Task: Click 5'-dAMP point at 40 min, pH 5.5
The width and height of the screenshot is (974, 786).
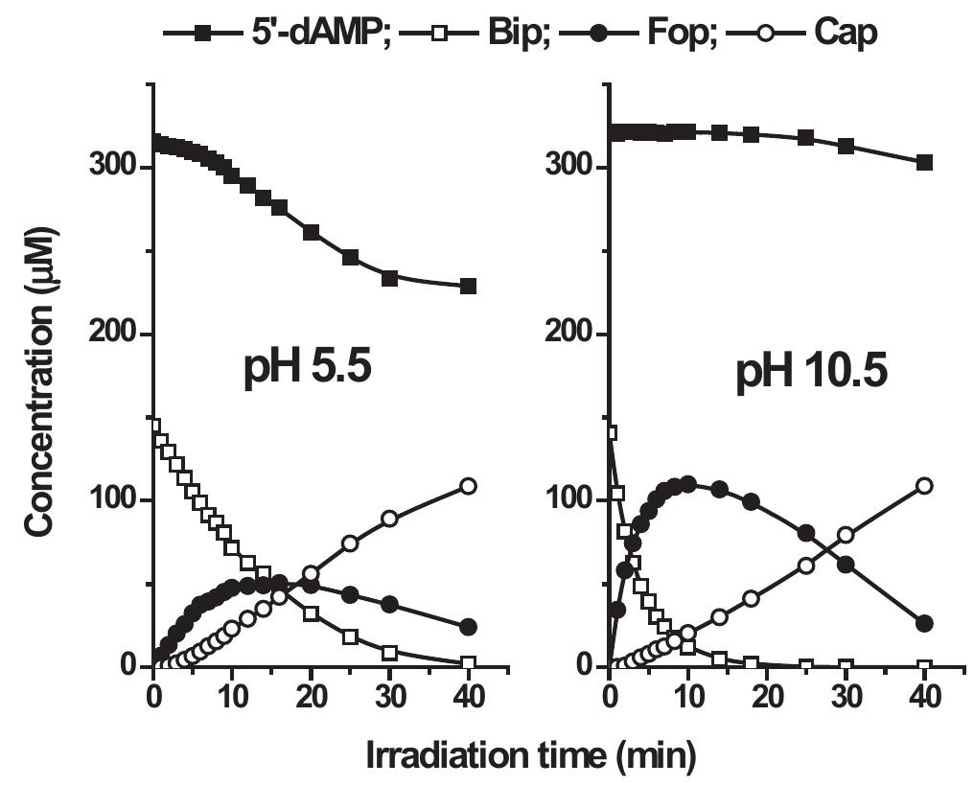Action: pyautogui.click(x=468, y=287)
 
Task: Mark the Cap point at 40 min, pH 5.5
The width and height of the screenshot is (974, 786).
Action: pyautogui.click(x=468, y=486)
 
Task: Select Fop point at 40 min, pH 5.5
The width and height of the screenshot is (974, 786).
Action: pyautogui.click(x=468, y=627)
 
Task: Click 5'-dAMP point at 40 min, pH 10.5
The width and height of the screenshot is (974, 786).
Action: pyautogui.click(x=924, y=163)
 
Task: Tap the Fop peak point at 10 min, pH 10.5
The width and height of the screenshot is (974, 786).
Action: pyautogui.click(x=687, y=484)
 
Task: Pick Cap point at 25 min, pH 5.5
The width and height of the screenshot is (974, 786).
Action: pyautogui.click(x=350, y=543)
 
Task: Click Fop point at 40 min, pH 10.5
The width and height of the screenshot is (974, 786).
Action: pyautogui.click(x=924, y=624)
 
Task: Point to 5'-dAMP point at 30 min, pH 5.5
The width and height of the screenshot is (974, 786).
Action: pyautogui.click(x=389, y=278)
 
